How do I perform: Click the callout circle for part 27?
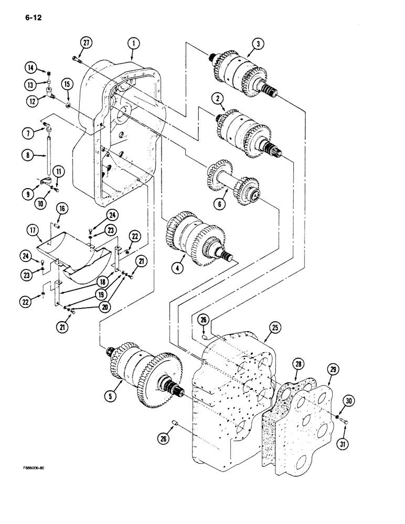tap(87, 43)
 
